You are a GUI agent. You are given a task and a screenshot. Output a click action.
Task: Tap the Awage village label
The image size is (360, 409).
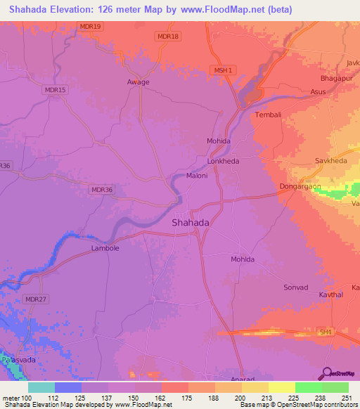(x=138, y=82)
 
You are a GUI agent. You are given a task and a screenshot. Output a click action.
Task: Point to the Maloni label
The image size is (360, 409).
(x=197, y=176)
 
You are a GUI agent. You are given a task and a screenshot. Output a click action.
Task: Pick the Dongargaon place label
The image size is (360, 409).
(x=301, y=187)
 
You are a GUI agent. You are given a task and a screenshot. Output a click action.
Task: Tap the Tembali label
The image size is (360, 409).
(x=268, y=115)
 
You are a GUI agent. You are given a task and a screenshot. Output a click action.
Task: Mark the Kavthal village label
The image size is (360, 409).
(x=330, y=295)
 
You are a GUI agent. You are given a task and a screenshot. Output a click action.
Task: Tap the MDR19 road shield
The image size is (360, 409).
(x=91, y=27)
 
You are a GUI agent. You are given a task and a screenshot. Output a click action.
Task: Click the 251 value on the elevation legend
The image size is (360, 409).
(x=347, y=397)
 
